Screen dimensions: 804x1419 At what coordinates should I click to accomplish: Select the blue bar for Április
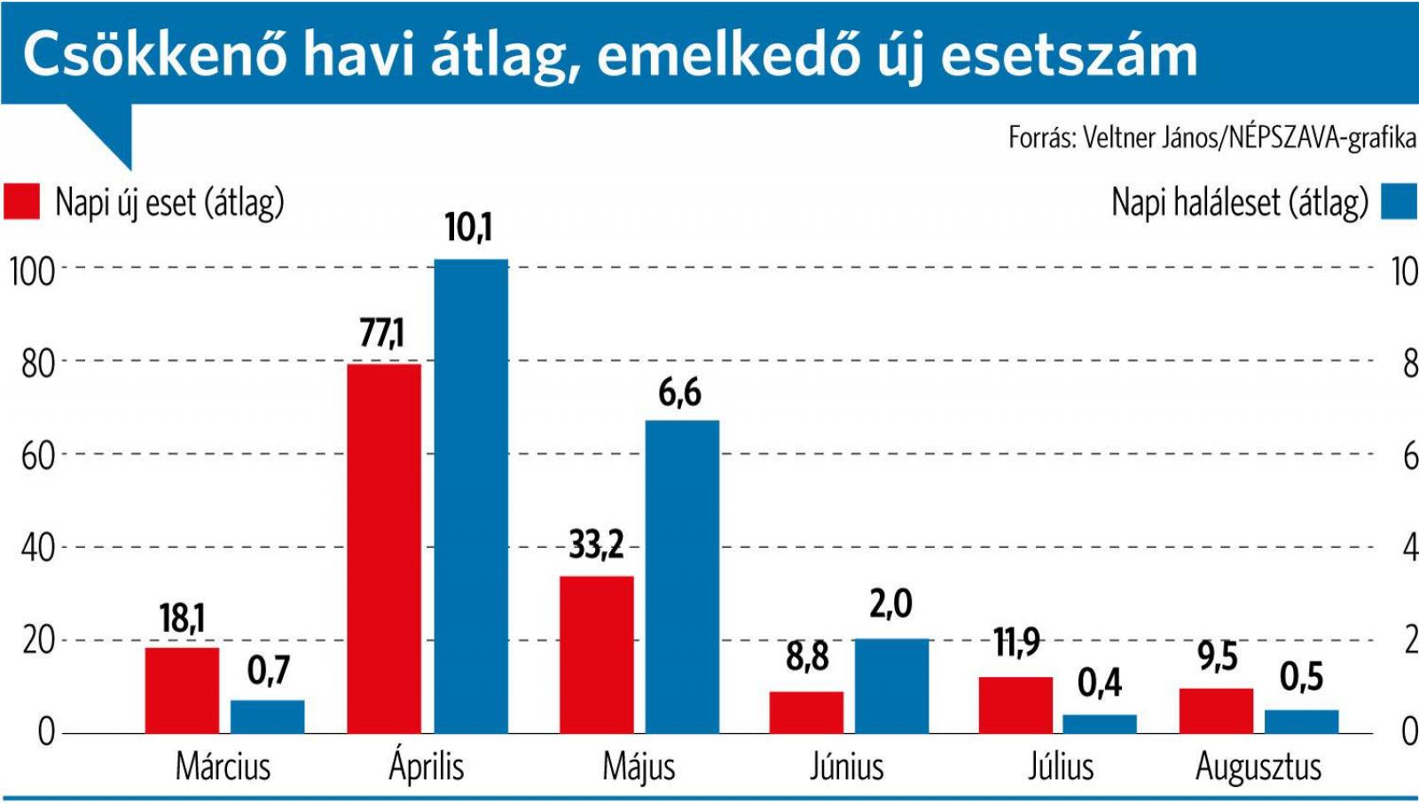470,496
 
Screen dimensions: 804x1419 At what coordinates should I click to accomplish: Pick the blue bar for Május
681,576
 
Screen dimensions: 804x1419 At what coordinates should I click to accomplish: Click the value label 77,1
381,333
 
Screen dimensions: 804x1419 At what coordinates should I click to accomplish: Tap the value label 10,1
468,228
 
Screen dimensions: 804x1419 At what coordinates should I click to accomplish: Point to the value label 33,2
596,544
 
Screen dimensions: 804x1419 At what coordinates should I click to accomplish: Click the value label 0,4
1100,683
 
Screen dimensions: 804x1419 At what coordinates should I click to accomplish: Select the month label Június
846,767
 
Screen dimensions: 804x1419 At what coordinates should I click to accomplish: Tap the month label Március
223,767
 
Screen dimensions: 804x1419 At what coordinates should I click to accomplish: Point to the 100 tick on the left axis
32,271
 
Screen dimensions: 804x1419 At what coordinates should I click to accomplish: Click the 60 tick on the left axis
37,457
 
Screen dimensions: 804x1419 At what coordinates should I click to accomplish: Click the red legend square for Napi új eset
21,201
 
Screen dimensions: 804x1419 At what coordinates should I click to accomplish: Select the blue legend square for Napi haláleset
1399,201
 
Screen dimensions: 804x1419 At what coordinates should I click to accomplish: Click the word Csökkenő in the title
155,55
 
